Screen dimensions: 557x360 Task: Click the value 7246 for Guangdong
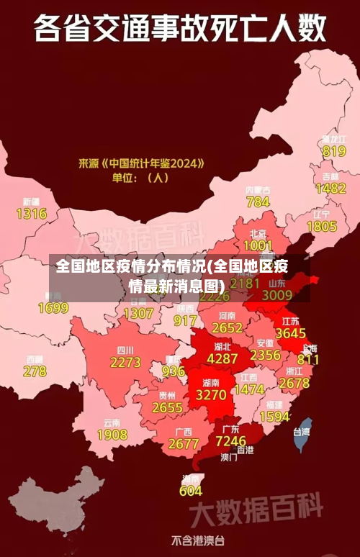(230, 440)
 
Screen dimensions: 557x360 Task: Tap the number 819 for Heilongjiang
(333, 151)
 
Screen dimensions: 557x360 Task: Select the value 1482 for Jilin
(330, 188)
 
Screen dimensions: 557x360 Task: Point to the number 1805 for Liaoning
(321, 226)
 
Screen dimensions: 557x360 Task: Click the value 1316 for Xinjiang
(31, 213)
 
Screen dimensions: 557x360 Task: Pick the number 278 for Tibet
(35, 371)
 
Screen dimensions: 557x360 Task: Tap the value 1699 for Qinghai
(53, 308)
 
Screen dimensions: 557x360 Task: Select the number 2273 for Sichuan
(125, 362)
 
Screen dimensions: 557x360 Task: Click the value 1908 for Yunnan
(112, 435)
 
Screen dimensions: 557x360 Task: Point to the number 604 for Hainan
(190, 491)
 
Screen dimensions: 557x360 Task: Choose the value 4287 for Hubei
(222, 358)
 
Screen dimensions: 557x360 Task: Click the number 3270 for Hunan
(211, 395)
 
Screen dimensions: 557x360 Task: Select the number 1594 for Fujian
(274, 417)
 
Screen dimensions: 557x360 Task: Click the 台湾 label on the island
(301, 432)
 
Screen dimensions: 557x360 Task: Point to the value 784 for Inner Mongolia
(258, 202)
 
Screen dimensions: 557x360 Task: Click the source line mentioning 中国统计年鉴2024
(141, 163)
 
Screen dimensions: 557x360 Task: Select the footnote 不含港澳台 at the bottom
(197, 540)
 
